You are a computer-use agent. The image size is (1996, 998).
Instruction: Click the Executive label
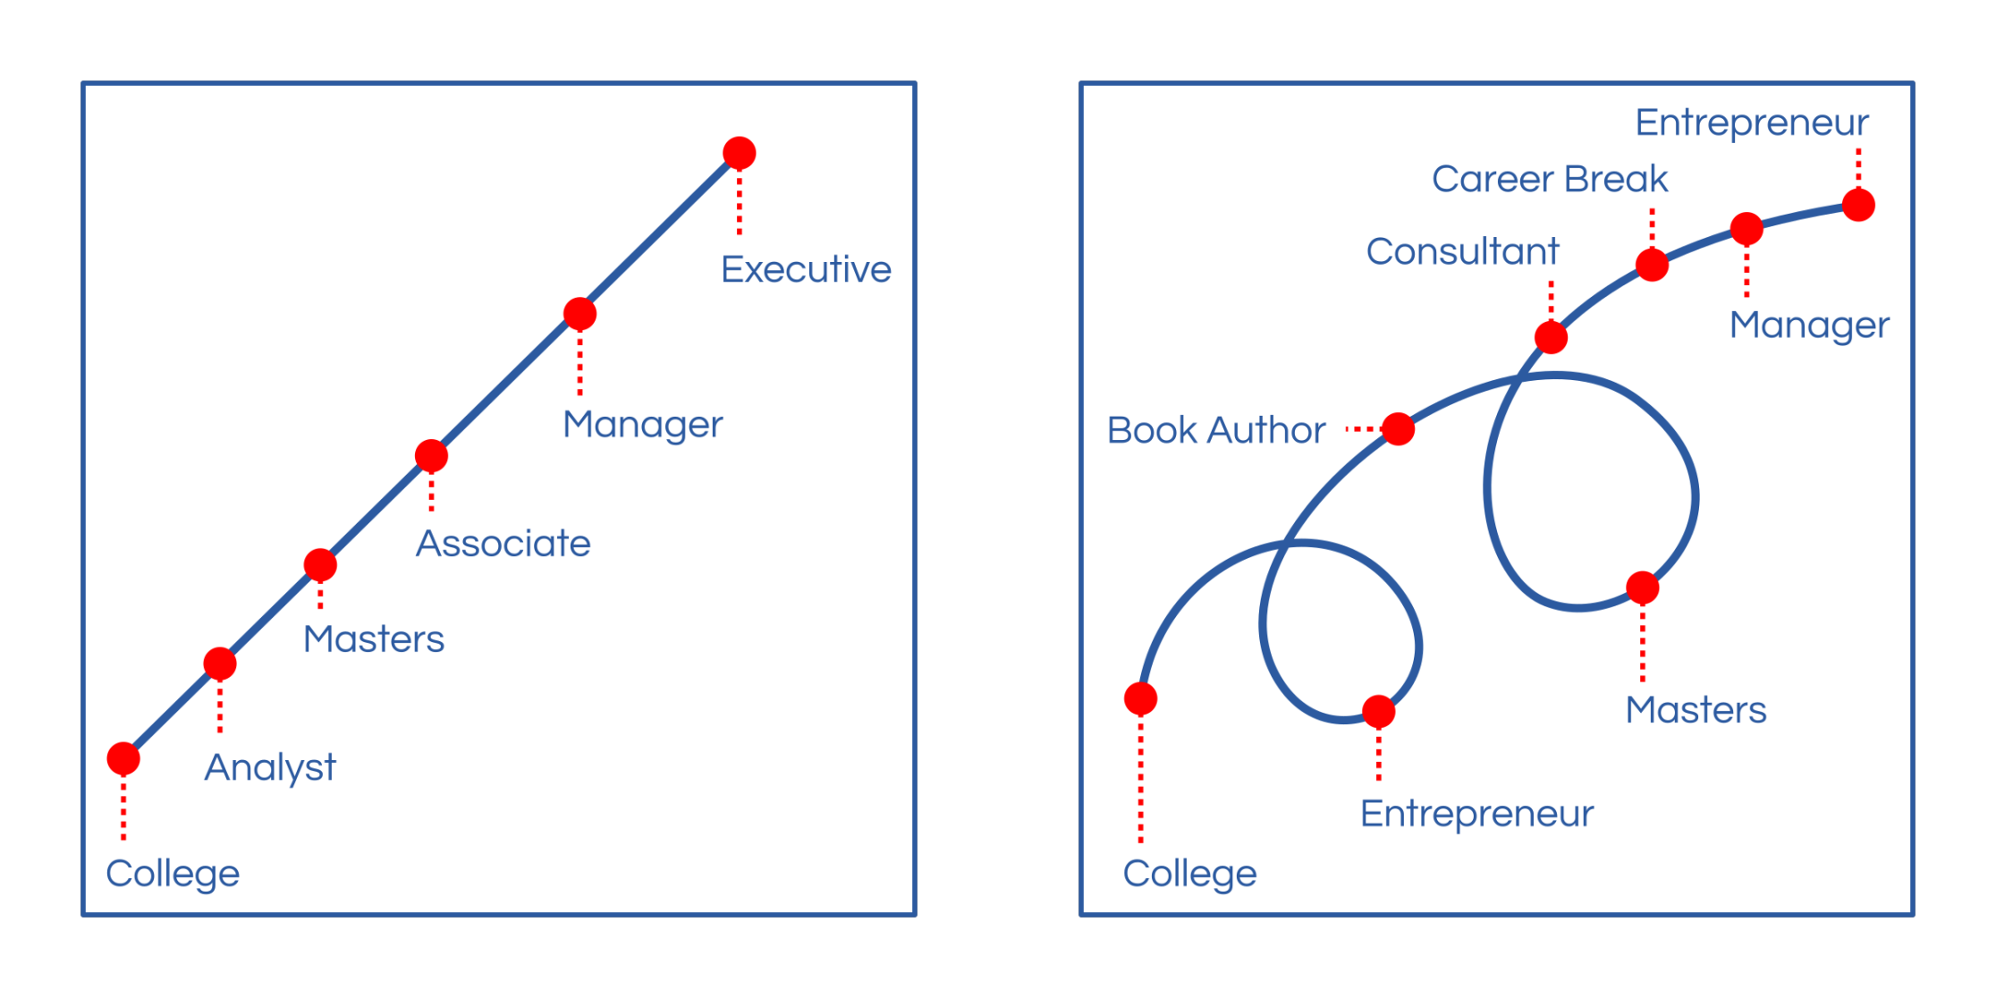(x=806, y=269)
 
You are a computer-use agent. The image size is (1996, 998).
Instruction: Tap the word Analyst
(x=270, y=767)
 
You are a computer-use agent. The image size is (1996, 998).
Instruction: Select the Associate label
(x=503, y=544)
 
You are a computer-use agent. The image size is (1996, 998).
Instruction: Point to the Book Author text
(x=1215, y=430)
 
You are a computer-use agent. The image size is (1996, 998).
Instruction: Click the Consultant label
(x=1462, y=251)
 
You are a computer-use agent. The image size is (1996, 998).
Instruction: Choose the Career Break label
(x=1550, y=179)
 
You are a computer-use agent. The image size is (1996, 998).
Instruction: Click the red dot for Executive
(x=740, y=153)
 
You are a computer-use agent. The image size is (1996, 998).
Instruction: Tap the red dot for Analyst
(x=220, y=664)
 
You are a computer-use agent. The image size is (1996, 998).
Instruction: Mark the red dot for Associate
(x=431, y=456)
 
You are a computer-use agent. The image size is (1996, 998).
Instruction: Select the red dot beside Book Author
(x=1399, y=429)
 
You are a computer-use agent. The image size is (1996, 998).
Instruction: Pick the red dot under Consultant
(x=1551, y=337)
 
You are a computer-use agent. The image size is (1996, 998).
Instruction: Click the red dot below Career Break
(x=1652, y=265)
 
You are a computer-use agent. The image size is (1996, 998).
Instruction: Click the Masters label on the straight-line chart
(x=374, y=639)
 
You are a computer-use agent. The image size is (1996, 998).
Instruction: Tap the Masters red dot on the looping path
(x=1643, y=588)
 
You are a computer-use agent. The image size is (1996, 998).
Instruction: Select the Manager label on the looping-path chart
(x=1809, y=326)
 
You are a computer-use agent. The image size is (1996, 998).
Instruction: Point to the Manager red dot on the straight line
(x=580, y=314)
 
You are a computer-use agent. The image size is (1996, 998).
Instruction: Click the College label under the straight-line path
(x=173, y=874)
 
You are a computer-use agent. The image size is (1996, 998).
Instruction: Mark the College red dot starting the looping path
(x=1141, y=698)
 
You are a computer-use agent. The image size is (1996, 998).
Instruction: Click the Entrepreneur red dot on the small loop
(x=1379, y=712)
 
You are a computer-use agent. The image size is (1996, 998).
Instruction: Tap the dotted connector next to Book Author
(x=1363, y=429)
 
